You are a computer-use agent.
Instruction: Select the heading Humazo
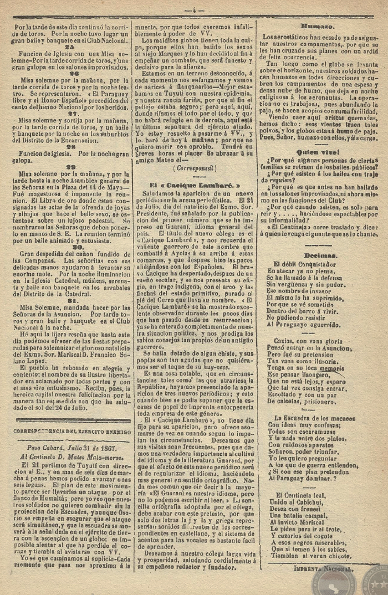pos(316,26)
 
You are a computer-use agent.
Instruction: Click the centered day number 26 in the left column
pos(72,73)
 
